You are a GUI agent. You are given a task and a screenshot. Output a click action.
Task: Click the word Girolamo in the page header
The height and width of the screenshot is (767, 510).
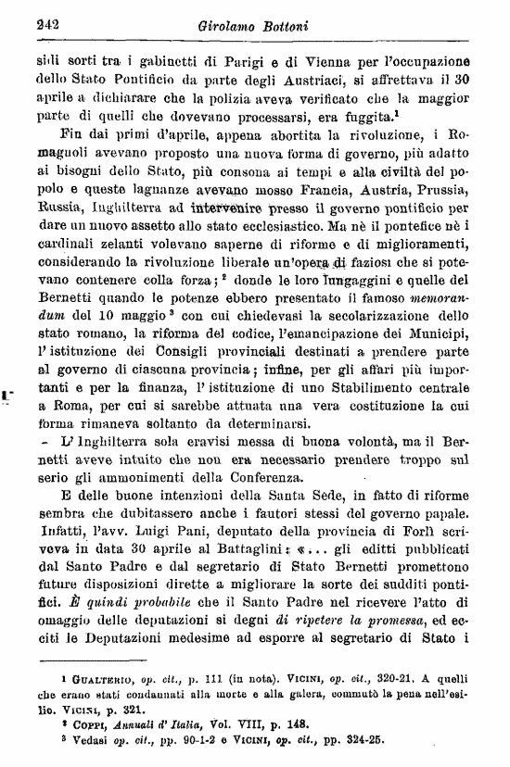click(x=227, y=26)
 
